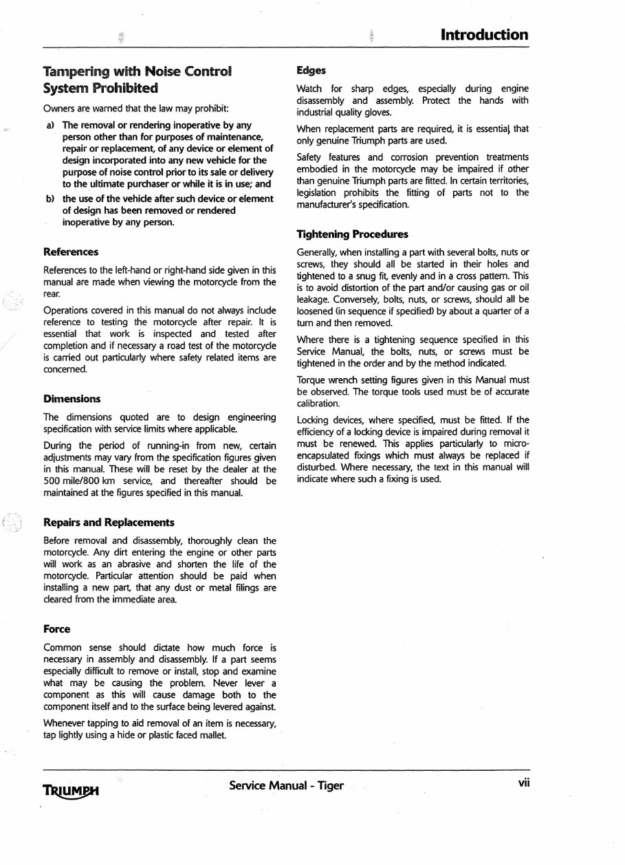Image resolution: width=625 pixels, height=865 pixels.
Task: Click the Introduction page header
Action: [484, 34]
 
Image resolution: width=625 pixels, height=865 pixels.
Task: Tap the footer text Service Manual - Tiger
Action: [286, 785]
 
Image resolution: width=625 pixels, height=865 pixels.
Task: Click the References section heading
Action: [70, 252]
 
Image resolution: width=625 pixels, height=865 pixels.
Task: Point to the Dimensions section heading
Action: [72, 399]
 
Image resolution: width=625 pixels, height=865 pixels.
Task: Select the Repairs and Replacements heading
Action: [109, 523]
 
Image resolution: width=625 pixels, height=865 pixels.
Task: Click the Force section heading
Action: [56, 628]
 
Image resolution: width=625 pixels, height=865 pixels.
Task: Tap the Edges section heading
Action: [311, 70]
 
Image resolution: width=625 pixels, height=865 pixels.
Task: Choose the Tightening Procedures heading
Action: [352, 234]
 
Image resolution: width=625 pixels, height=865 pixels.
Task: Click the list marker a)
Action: [50, 126]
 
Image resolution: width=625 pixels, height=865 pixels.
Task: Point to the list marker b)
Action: [50, 199]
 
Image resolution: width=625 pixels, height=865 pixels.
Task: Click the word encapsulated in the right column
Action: [325, 455]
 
